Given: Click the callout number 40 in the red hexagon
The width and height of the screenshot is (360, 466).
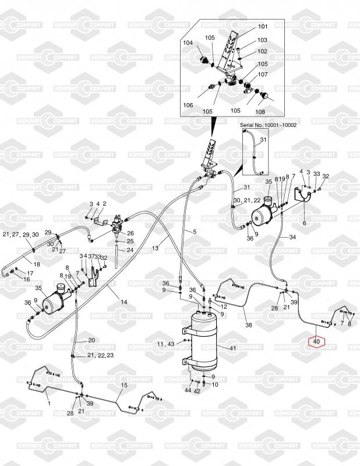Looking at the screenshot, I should pos(316,341).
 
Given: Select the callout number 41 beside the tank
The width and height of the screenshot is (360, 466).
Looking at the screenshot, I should pos(232,348).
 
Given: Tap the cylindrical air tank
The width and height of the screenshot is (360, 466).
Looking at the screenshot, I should pos(204,341).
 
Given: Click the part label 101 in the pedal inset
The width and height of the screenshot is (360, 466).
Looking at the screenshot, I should pos(263,27).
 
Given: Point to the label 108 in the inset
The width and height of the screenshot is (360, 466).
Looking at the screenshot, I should pos(260,111).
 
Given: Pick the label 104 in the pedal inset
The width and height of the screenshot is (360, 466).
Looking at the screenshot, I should pos(188,43).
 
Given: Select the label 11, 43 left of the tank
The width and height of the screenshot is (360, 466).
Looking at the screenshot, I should pos(165,344).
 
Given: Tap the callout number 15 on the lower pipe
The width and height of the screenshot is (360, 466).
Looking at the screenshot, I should pos(123,386).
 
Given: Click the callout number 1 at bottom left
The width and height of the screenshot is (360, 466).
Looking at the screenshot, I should pos(49,403).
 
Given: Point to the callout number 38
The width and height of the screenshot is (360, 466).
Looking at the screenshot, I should pos(249,324).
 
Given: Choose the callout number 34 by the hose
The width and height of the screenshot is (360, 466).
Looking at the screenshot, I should pos(292,237).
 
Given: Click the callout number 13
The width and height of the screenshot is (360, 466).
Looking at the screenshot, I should pos(155,248).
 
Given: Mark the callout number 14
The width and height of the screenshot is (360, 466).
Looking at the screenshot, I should pos(123,301).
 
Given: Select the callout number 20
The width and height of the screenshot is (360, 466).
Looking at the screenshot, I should pos(91,340).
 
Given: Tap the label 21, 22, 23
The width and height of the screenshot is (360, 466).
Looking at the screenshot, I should pos(100,355).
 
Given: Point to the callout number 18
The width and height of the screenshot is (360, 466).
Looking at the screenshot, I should pos(36,264).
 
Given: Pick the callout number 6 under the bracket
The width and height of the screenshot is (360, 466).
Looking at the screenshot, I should pos(303,223).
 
